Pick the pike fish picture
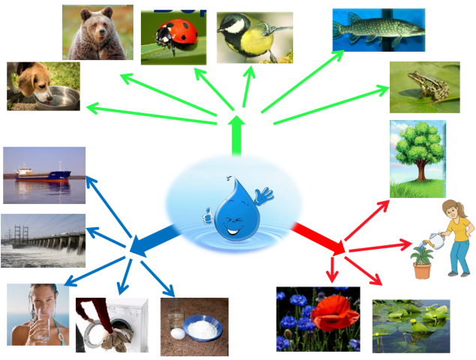[x=378, y=29]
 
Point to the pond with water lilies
[x=411, y=327]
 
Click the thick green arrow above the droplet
[x=237, y=134]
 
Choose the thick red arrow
[x=319, y=236]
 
